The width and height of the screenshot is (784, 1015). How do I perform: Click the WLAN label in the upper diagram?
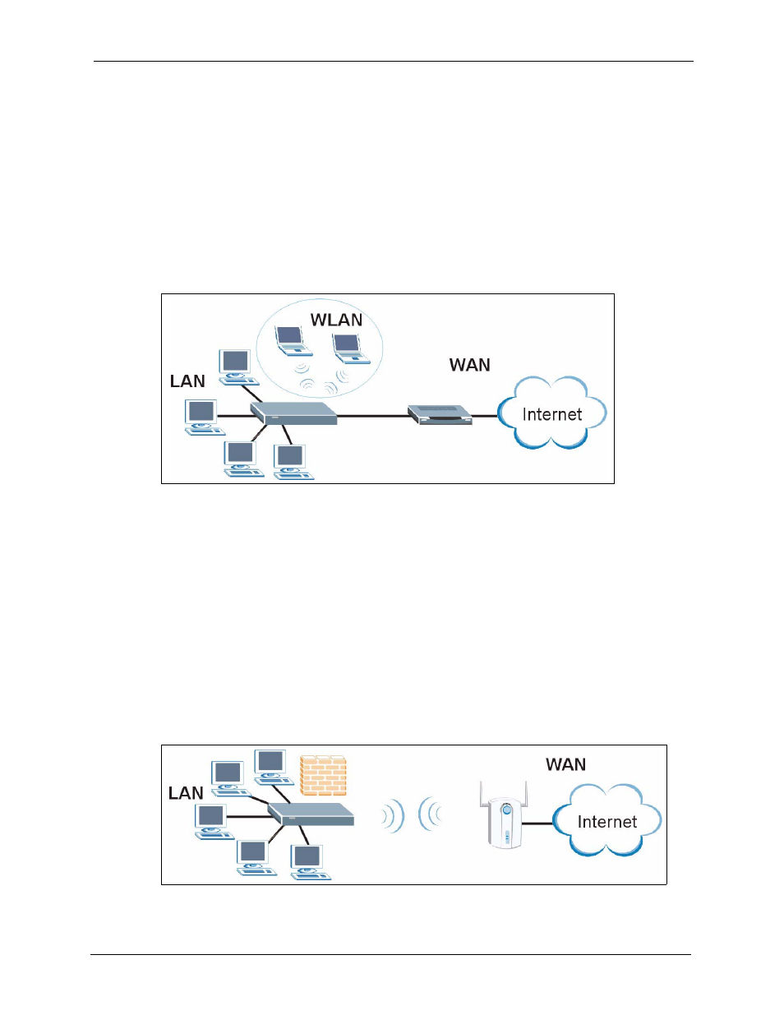click(336, 320)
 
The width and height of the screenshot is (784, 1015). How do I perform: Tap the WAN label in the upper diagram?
click(470, 365)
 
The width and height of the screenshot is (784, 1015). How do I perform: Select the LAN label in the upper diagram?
click(187, 381)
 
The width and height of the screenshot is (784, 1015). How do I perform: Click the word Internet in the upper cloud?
click(552, 414)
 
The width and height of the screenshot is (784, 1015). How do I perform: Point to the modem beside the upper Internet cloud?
click(440, 415)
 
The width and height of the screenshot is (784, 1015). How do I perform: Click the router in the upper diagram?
click(293, 413)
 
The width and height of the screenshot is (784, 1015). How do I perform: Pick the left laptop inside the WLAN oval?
click(293, 341)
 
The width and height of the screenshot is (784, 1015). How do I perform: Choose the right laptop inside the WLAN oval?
click(351, 348)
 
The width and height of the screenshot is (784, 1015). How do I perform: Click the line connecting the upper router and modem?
click(372, 415)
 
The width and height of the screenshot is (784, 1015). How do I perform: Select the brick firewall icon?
click(323, 775)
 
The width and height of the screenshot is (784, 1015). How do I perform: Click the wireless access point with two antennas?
click(504, 815)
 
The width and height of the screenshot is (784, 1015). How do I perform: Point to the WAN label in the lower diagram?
click(565, 764)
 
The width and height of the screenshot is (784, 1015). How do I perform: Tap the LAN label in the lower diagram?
click(186, 793)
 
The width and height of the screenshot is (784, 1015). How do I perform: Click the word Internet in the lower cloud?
click(607, 822)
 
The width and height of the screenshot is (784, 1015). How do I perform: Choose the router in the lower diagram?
click(311, 814)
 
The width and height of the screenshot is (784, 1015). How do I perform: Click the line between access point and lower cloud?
click(537, 824)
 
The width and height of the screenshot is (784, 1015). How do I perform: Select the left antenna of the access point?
click(482, 794)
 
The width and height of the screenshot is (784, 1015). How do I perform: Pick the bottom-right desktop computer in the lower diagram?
click(310, 862)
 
